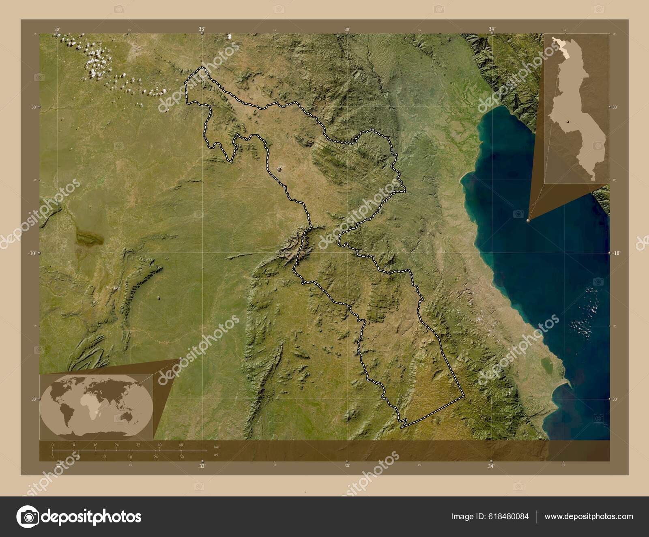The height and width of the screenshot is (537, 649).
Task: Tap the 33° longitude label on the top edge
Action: pos(202,29)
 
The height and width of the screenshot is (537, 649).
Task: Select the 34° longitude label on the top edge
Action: pos(492,29)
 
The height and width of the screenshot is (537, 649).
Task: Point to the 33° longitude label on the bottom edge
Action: pos(202,466)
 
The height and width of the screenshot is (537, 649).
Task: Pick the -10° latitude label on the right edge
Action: pos(616,253)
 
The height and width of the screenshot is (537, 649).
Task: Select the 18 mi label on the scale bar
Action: pos(130,457)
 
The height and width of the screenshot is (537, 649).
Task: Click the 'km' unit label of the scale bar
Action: pos(216,447)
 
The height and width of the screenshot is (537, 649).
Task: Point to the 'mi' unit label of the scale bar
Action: pos(216,455)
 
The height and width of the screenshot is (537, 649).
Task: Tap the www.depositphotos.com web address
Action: pos(589,516)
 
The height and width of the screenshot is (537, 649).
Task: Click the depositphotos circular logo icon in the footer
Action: pos(28,517)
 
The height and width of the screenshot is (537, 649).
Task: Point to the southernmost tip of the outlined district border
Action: pos(401,427)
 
